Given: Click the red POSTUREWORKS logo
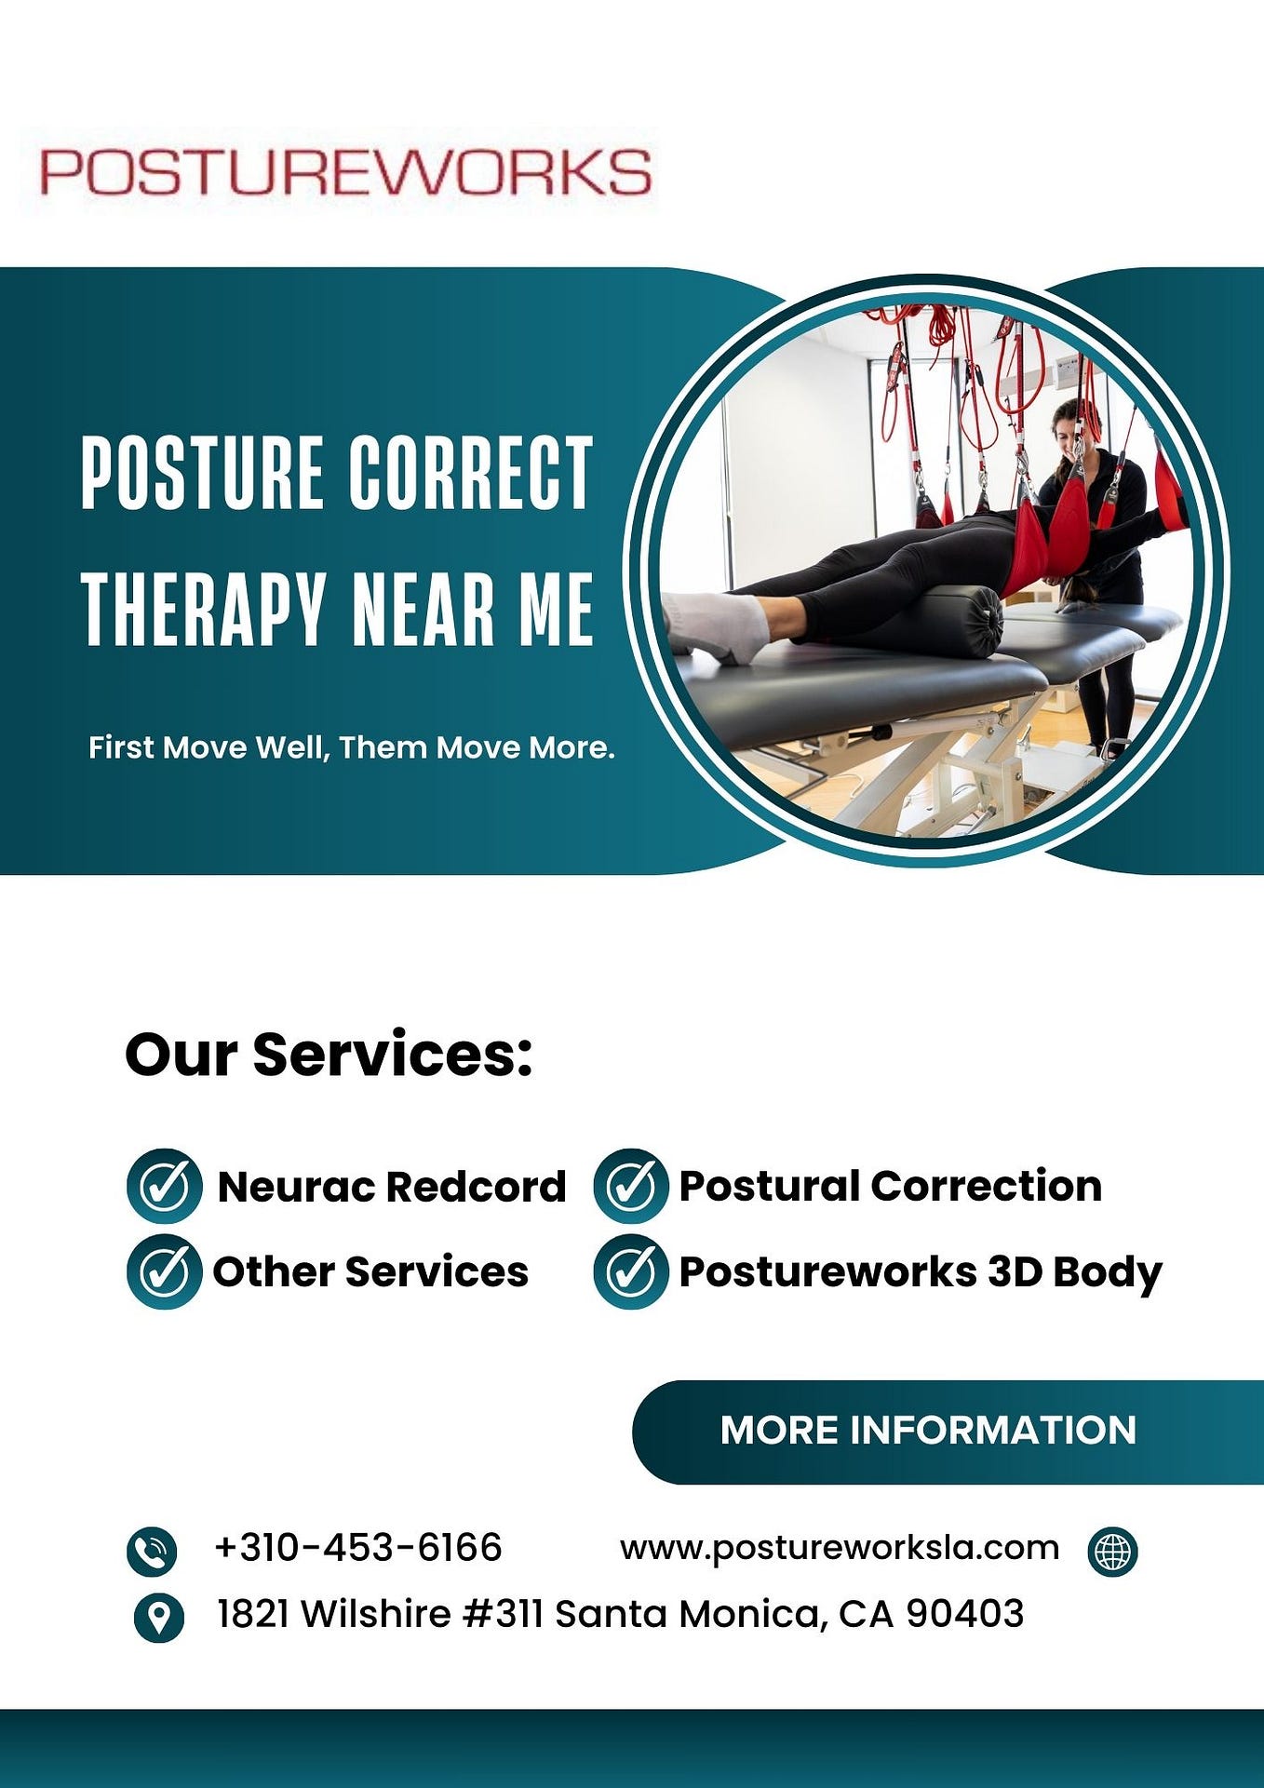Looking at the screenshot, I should (x=344, y=172).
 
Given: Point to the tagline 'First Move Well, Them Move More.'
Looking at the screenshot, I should (x=351, y=747).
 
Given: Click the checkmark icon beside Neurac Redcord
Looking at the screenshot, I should (x=164, y=1186).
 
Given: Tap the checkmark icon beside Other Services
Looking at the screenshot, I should (x=164, y=1271).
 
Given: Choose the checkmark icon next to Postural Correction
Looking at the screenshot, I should (x=630, y=1186).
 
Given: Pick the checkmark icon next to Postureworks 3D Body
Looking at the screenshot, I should (x=630, y=1271).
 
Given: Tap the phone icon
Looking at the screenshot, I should (x=152, y=1552).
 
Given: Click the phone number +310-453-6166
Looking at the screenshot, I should (x=358, y=1548).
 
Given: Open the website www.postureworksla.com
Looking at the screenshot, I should (x=840, y=1548).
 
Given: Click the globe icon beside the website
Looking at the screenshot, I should (x=1112, y=1552).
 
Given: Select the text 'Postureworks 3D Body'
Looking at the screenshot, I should (x=921, y=1271).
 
